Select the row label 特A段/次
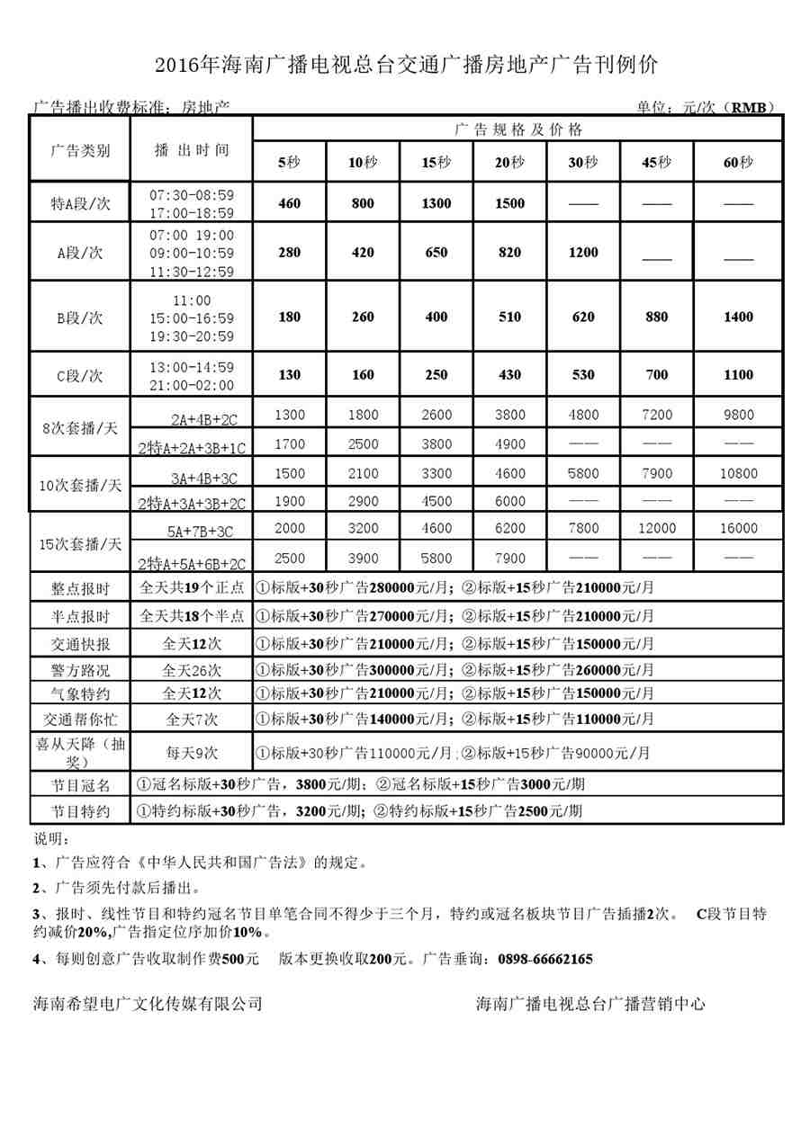pyautogui.click(x=80, y=204)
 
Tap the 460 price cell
pyautogui.click(x=290, y=204)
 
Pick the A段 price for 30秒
pyautogui.click(x=583, y=253)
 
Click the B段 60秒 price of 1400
pyautogui.click(x=738, y=317)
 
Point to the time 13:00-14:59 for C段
pyautogui.click(x=191, y=367)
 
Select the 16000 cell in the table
pyautogui.click(x=738, y=529)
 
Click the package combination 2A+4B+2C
pyautogui.click(x=203, y=419)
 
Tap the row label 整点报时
pyautogui.click(x=80, y=590)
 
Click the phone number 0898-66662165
pyautogui.click(x=544, y=960)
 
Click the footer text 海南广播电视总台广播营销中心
pyautogui.click(x=590, y=1004)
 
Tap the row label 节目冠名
pyautogui.click(x=80, y=785)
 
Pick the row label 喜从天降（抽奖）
pyautogui.click(x=80, y=752)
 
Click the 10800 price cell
pyautogui.click(x=738, y=474)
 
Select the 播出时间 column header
pyautogui.click(x=191, y=150)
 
